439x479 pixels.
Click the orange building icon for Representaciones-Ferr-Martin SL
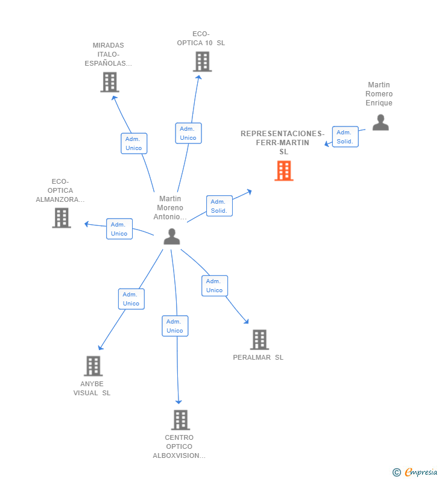coord(283,171)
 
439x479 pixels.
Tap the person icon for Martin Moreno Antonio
coord(172,236)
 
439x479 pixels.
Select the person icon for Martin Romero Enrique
coord(380,122)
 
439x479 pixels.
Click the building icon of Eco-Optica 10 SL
coord(202,61)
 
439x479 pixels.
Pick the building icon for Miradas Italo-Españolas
coord(109,82)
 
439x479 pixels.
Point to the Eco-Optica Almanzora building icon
coord(62,218)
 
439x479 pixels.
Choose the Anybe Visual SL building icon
coord(93,366)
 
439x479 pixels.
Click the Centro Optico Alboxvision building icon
coord(180,419)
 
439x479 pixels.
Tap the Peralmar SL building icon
coord(259,340)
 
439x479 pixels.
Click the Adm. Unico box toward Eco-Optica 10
coord(188,133)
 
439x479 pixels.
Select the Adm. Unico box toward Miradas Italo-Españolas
coord(134,143)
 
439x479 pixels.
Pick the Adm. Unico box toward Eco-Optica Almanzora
coord(119,229)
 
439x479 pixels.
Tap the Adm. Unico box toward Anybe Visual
coord(131,299)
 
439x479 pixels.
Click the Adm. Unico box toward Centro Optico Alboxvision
coord(175,326)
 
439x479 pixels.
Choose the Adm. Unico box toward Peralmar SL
coord(215,286)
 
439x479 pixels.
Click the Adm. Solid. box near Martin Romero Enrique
coord(345,137)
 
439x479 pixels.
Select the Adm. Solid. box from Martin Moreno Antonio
coord(219,206)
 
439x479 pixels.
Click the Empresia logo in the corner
coord(415,472)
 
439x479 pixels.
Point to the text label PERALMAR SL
coord(258,357)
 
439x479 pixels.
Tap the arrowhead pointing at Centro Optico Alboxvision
coord(178,402)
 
